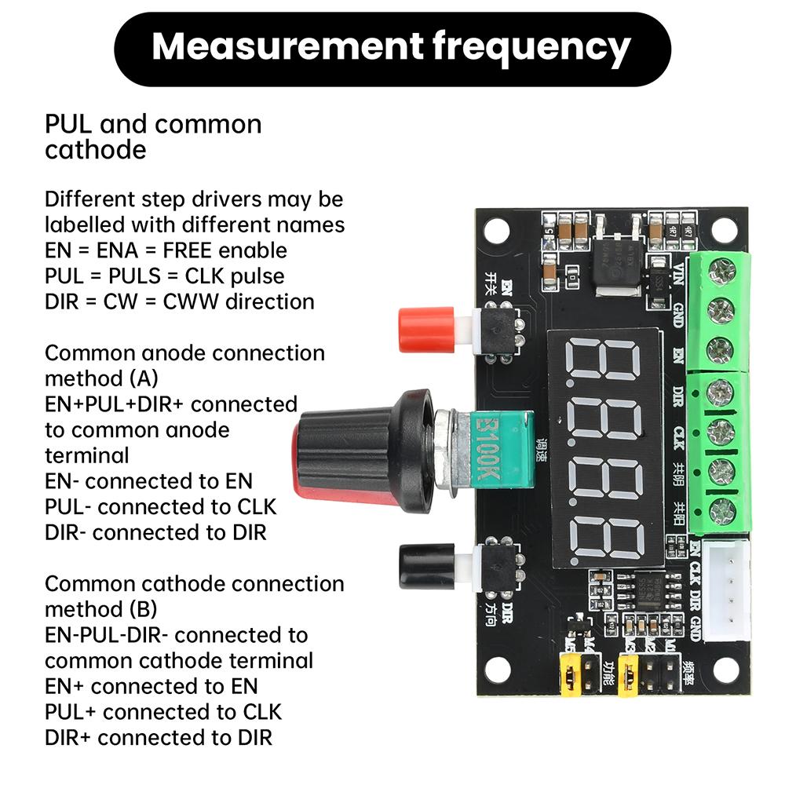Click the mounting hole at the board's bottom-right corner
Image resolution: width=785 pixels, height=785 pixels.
tap(725, 670)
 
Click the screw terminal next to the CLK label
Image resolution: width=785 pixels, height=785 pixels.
tap(720, 432)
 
